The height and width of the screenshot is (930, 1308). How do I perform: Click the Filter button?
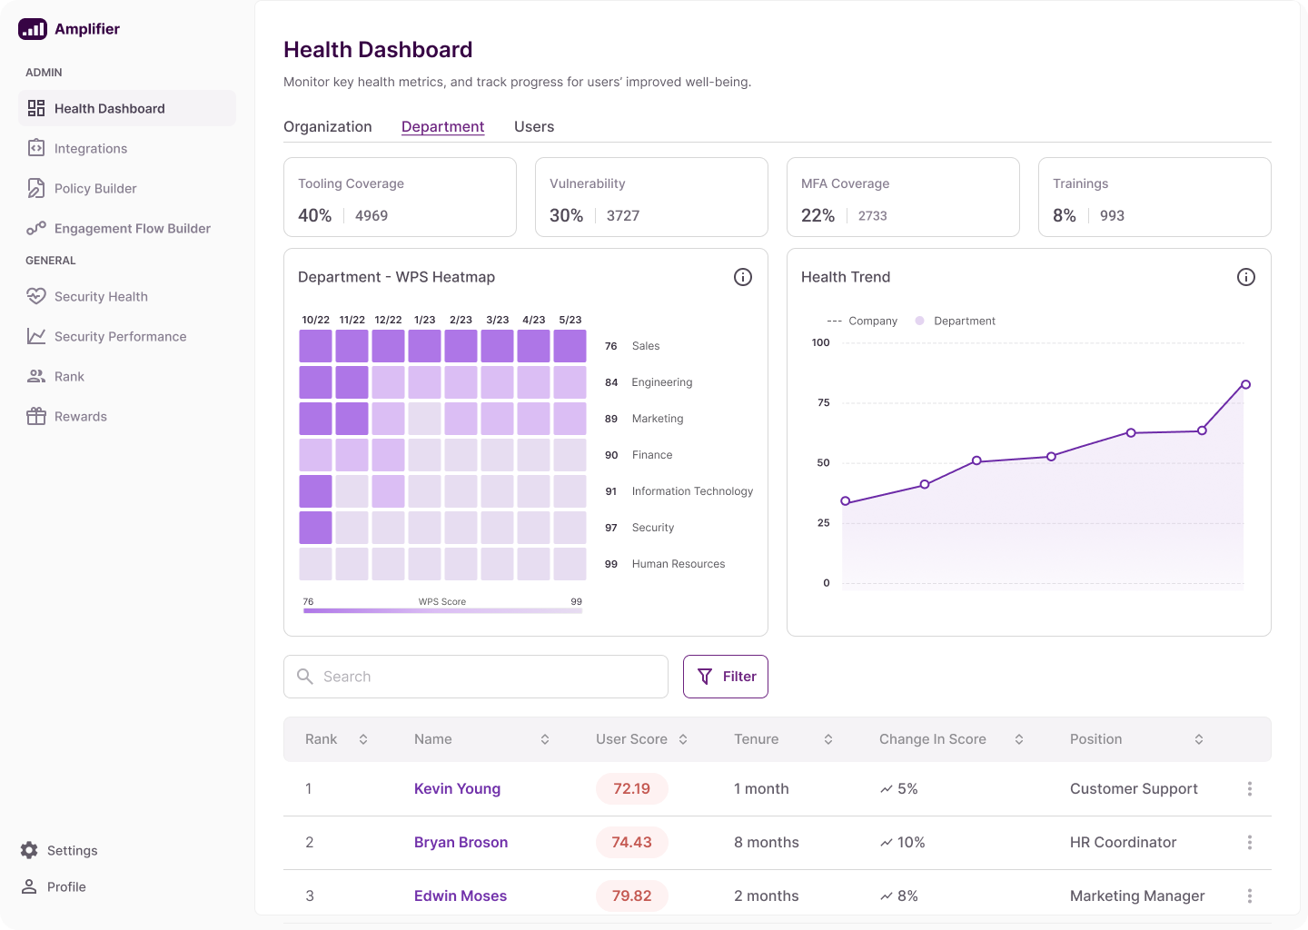coord(726,677)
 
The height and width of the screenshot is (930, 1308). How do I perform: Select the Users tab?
coord(534,127)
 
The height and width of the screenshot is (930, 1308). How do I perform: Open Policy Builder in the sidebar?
coord(94,189)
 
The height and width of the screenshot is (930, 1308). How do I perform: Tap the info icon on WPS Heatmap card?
coord(743,277)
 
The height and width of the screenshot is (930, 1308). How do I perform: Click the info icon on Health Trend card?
coord(1246,277)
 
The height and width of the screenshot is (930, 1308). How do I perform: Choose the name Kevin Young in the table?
coord(457,789)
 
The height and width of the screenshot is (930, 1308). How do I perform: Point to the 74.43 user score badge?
coord(631,843)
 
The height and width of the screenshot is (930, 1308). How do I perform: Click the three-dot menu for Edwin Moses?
coord(1250,896)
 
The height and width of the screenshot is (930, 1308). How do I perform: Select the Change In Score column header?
coord(933,739)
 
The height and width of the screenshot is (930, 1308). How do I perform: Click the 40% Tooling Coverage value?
coord(314,215)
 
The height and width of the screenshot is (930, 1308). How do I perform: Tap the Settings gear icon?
coord(29,850)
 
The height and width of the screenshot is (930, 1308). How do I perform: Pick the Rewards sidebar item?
coord(80,417)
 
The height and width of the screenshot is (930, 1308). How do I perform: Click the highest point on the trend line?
coord(1245,385)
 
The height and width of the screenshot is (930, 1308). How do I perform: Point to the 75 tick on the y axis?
coord(823,402)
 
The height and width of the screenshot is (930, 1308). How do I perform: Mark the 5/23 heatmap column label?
coord(570,320)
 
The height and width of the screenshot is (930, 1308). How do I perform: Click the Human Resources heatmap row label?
coord(678,564)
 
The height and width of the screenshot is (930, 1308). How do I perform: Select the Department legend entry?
coord(964,322)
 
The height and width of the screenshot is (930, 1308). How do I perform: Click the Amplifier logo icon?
coord(33,29)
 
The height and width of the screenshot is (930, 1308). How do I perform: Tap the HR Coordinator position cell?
coord(1123,843)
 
